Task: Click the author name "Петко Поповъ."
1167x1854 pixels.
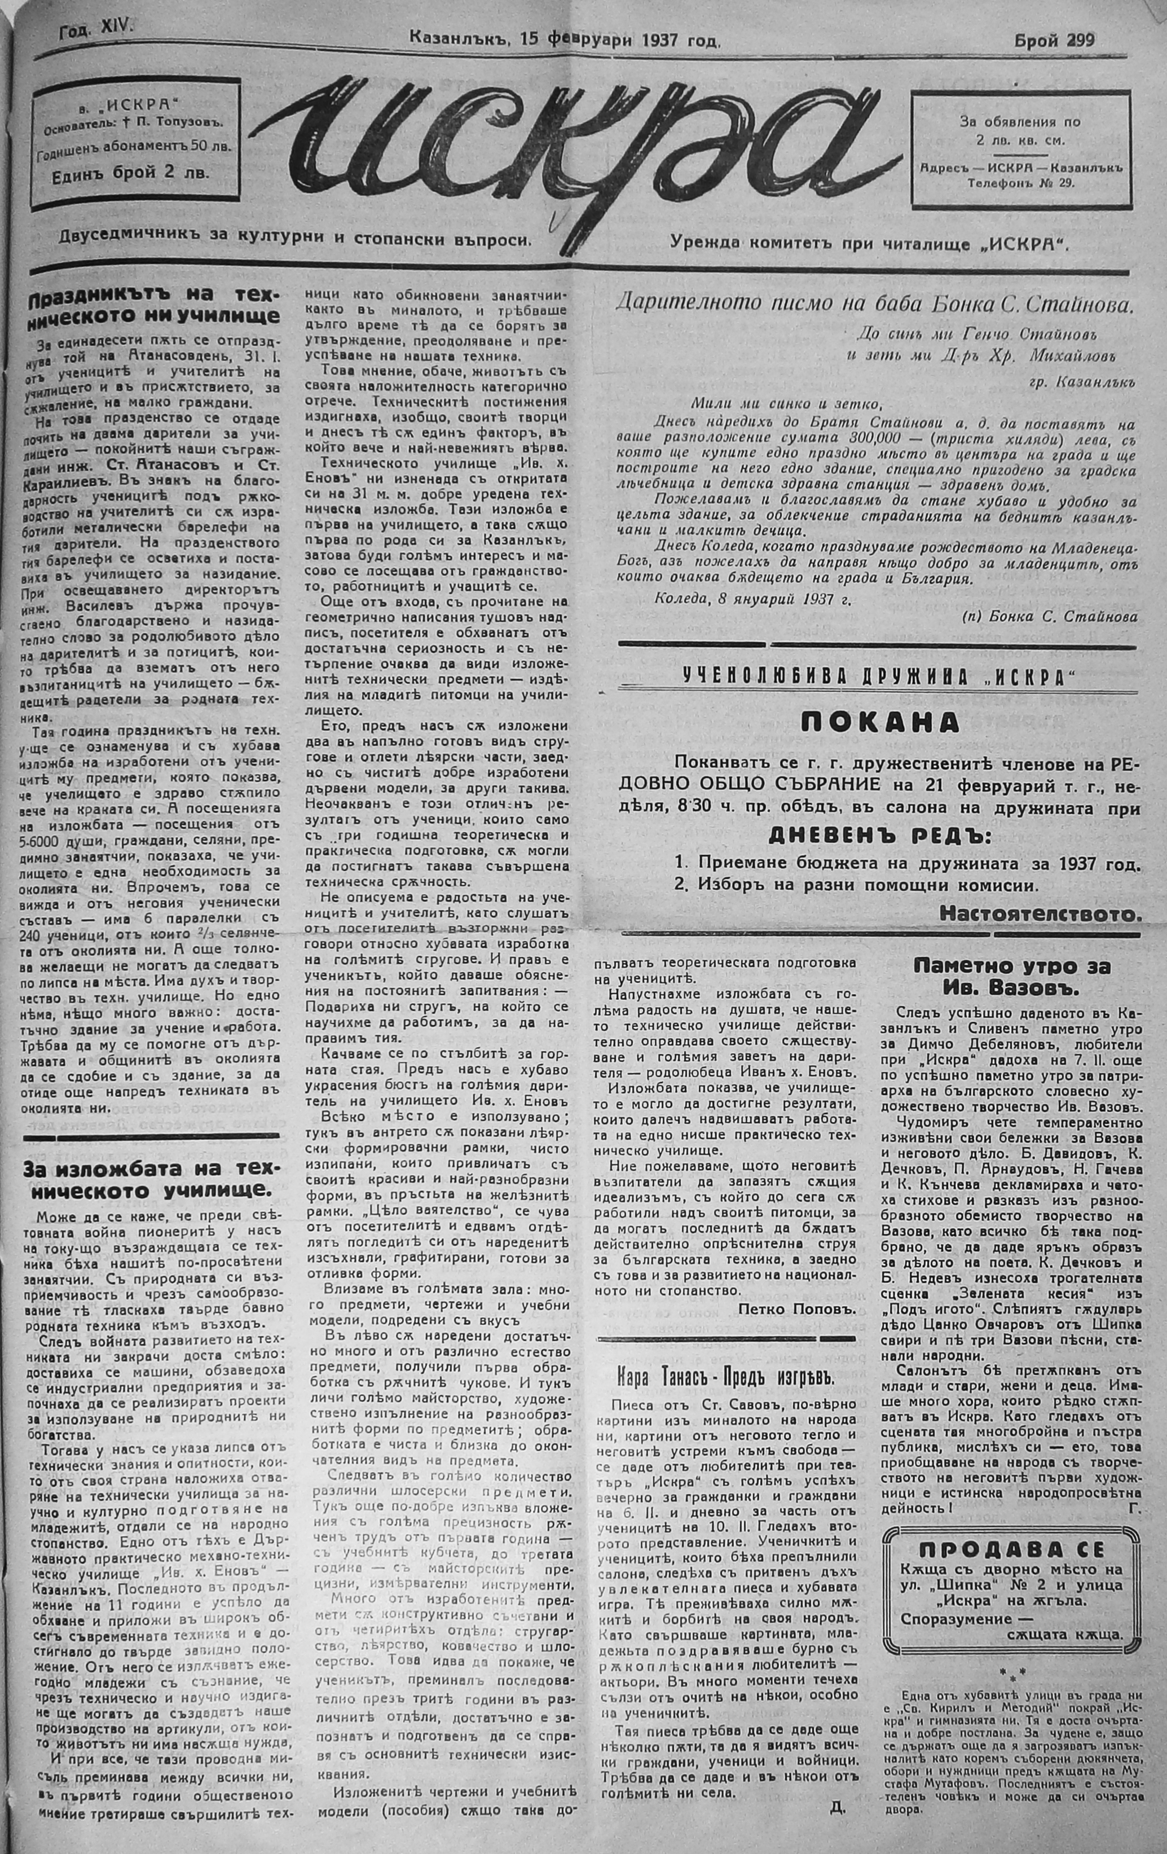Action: [x=797, y=1309]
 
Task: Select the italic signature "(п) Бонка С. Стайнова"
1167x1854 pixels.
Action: [x=1049, y=617]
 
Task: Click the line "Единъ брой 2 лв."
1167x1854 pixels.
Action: [x=129, y=174]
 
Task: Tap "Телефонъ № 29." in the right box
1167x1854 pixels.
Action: [x=1019, y=182]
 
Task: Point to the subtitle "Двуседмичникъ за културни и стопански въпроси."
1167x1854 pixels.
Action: [x=296, y=239]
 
